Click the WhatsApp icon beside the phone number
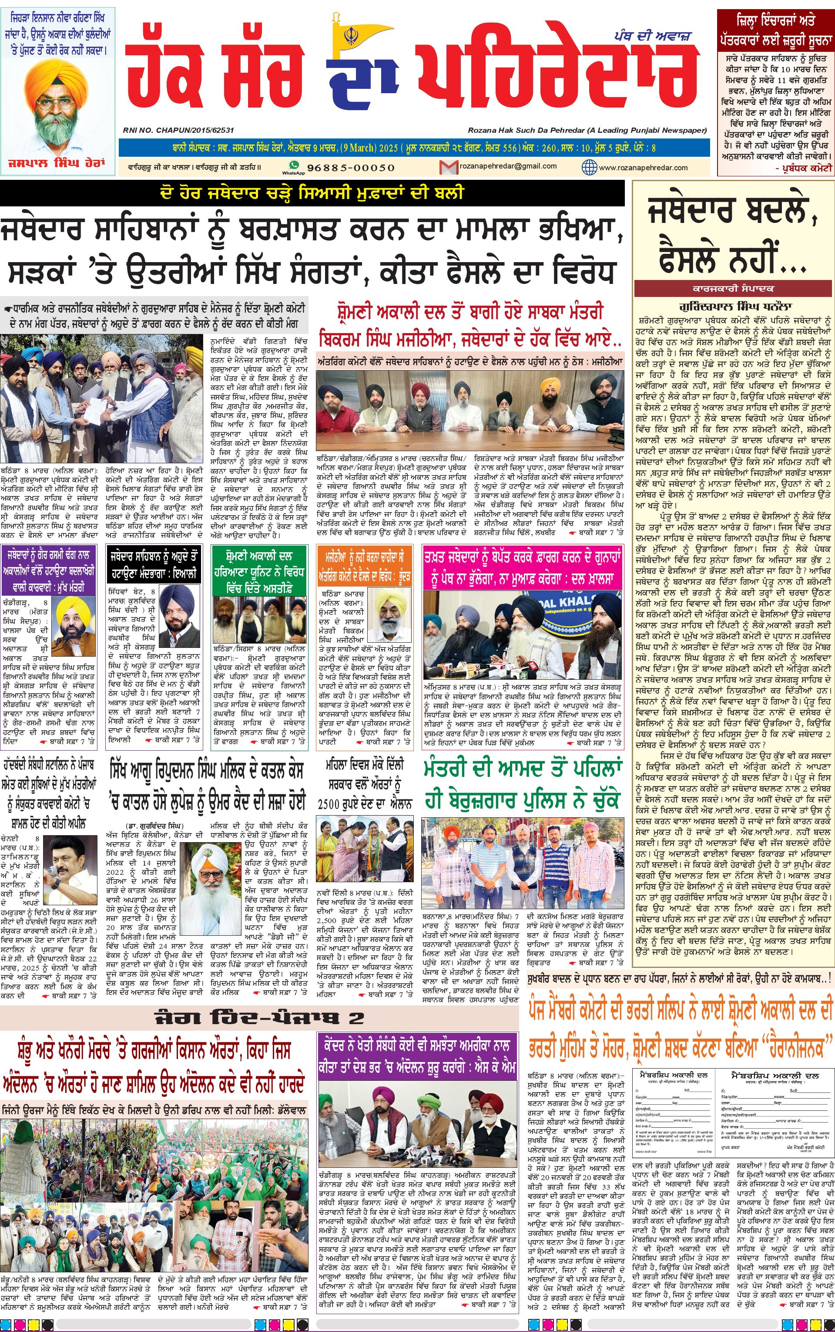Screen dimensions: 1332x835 [294, 166]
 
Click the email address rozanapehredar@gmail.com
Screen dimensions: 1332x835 [500, 166]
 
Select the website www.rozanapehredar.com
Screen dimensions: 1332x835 [643, 167]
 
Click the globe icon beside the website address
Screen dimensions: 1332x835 [589, 167]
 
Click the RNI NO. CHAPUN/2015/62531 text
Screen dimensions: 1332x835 [178, 130]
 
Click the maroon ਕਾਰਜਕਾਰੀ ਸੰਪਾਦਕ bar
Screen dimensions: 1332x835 [733, 288]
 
